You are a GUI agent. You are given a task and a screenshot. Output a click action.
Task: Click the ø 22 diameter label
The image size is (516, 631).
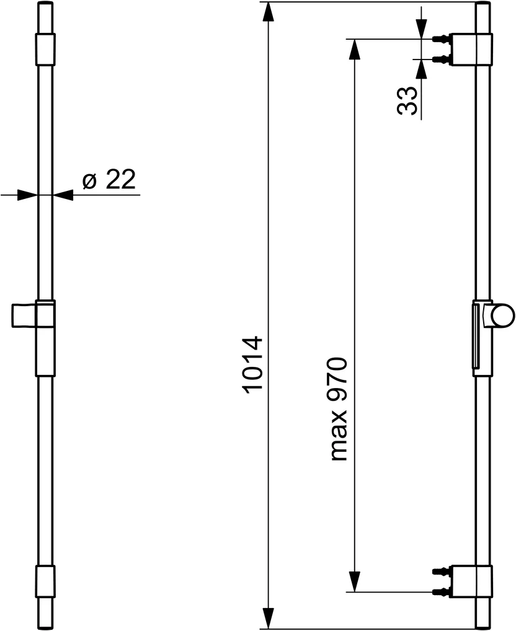pos(109,179)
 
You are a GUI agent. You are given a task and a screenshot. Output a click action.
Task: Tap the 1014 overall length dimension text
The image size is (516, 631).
pos(254,366)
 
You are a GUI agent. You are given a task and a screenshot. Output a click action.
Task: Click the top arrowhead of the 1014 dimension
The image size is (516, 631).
pos(268,13)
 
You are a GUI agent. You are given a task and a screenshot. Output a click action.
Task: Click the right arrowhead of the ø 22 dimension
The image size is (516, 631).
pos(63,195)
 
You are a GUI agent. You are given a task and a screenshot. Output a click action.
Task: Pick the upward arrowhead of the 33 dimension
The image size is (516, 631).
pos(421,70)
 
